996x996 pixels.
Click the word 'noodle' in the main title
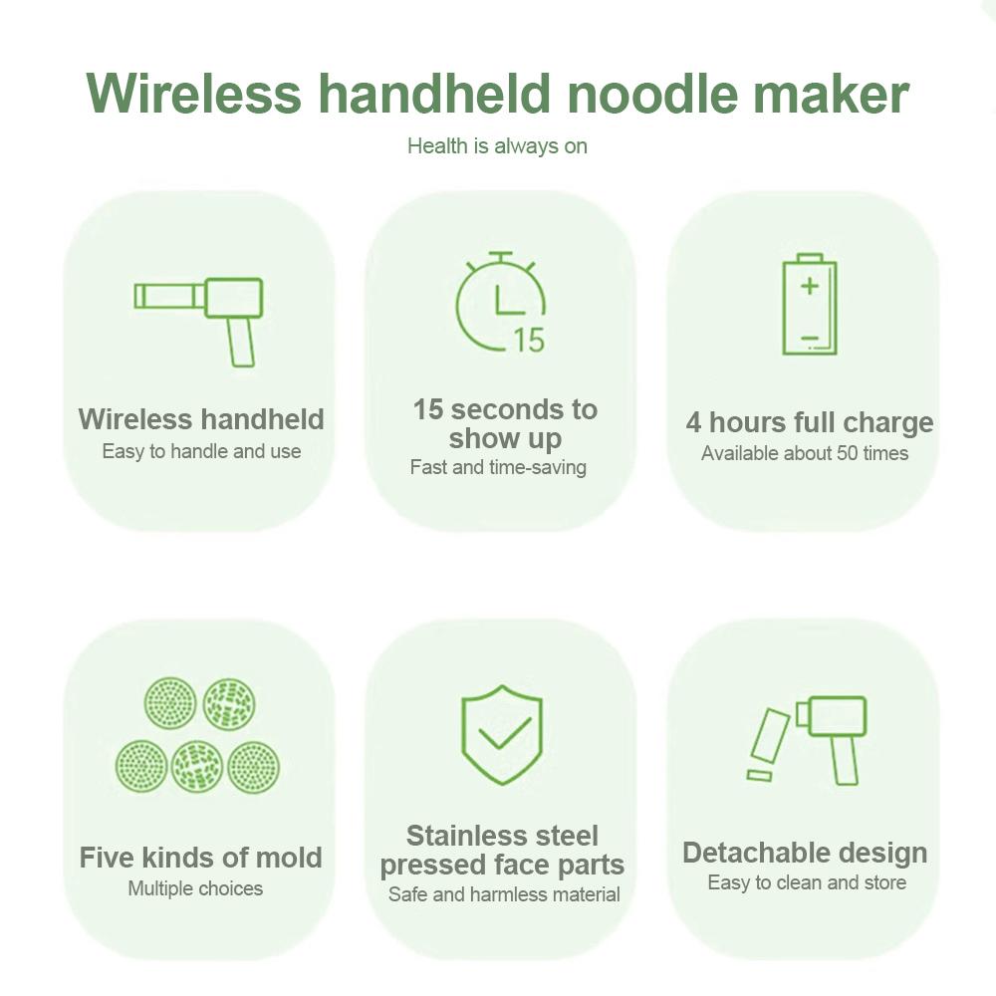click(654, 93)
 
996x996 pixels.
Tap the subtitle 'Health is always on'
click(497, 146)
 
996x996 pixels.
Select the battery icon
click(809, 305)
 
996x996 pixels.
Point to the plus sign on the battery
click(809, 286)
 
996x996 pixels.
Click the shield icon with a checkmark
click(501, 734)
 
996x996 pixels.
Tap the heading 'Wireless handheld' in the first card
click(201, 419)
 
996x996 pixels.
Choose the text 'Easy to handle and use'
click(201, 451)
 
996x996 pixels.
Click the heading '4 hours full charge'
click(809, 422)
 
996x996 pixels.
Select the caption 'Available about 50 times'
click(805, 454)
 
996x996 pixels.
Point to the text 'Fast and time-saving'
click(498, 467)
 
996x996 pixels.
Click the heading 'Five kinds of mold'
click(201, 858)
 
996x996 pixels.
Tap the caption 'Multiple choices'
click(195, 888)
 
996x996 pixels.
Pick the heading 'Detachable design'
click(805, 854)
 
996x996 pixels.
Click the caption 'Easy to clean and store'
click(807, 883)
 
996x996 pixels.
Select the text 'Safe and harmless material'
click(504, 894)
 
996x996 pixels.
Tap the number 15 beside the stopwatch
click(529, 340)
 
